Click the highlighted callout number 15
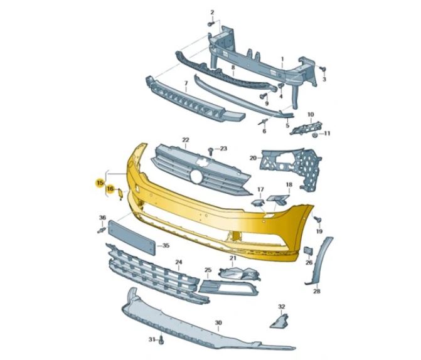click(x=100, y=183)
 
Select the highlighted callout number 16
click(x=110, y=189)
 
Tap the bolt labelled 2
click(x=211, y=24)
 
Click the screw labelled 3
click(x=323, y=69)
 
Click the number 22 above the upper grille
click(x=186, y=140)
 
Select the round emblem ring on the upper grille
click(x=196, y=177)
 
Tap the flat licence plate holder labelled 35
click(x=131, y=238)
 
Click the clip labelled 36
click(x=101, y=230)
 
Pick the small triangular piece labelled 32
click(x=279, y=321)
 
